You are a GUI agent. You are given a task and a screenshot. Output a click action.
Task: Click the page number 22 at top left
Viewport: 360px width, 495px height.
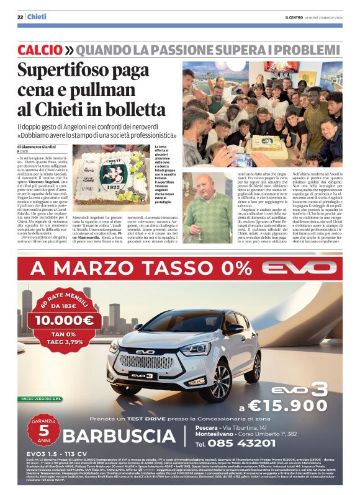pos(20,17)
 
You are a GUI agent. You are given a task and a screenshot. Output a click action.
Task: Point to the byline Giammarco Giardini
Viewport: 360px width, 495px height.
pos(48,146)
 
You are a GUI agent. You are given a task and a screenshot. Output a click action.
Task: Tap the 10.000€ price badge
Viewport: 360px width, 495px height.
pos(64,320)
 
